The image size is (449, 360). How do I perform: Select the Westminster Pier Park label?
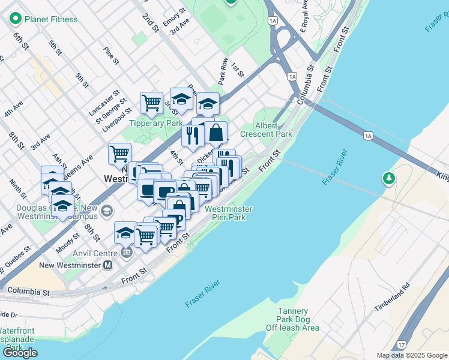[228, 213]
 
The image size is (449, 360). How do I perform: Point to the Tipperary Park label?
[156, 123]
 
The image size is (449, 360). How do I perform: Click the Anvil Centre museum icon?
[125, 253]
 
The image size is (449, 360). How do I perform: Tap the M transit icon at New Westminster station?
[108, 265]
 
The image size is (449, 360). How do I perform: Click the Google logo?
[20, 352]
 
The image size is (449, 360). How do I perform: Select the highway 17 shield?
[401, 345]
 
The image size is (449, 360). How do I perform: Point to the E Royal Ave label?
[304, 17]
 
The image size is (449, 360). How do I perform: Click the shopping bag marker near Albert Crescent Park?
[216, 133]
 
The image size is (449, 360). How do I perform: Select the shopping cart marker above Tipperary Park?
[151, 102]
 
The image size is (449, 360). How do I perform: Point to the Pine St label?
[110, 55]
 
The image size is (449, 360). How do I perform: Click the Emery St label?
[178, 9]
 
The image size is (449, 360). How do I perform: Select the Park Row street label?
[222, 70]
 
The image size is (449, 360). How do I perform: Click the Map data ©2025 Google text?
[411, 355]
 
